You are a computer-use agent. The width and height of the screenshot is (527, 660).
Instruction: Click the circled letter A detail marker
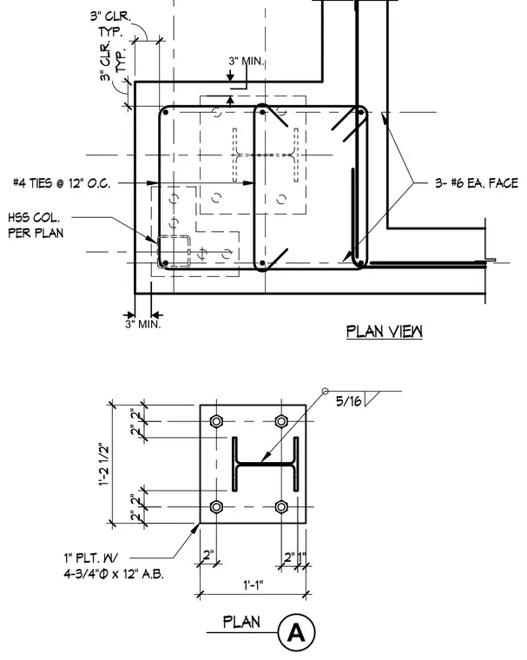tap(296, 632)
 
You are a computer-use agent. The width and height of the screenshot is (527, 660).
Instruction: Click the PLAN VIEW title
tap(385, 331)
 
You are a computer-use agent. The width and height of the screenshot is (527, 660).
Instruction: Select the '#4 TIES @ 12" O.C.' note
tap(62, 183)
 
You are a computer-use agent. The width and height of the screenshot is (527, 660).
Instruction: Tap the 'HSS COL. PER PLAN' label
tap(36, 225)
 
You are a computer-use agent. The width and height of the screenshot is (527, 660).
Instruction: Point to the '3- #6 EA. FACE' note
tap(477, 183)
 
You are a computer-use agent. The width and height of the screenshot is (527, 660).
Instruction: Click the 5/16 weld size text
tap(348, 400)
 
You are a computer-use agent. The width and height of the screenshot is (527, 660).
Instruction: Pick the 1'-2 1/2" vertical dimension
tap(104, 465)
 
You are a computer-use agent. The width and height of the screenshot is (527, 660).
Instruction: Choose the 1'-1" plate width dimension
tap(253, 584)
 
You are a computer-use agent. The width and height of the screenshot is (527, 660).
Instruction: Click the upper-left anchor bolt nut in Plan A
tap(216, 421)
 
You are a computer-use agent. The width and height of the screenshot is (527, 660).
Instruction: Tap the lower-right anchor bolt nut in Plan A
tap(281, 507)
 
